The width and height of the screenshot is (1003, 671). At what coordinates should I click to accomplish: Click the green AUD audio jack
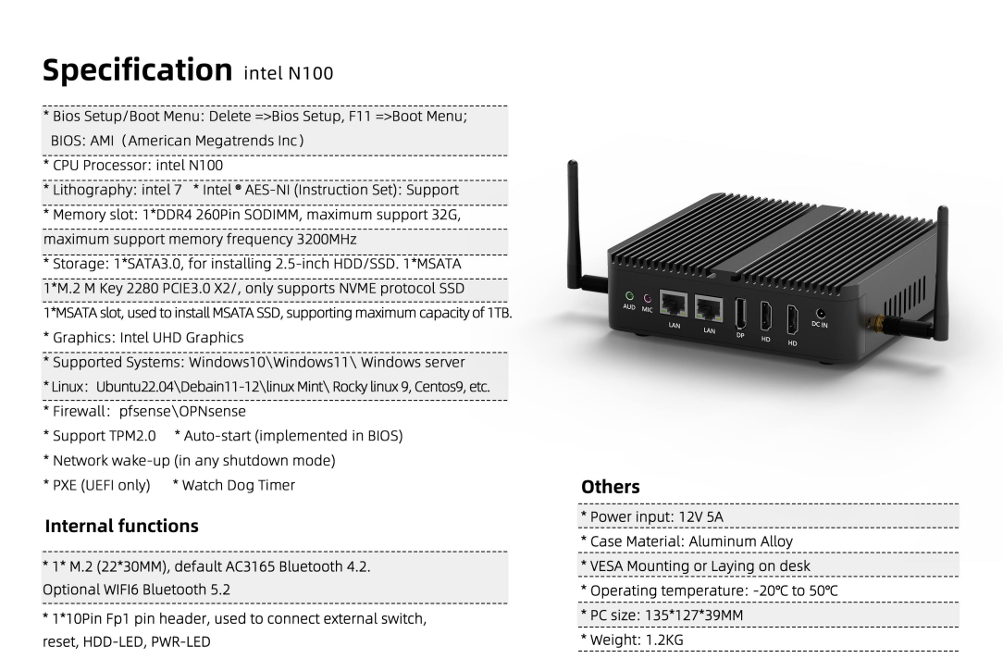pos(629,296)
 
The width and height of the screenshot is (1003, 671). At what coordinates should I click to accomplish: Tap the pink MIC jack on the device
pos(648,299)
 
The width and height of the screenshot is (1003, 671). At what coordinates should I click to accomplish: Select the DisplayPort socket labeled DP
pos(740,314)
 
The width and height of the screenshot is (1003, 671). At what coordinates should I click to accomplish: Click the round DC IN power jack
pos(821,314)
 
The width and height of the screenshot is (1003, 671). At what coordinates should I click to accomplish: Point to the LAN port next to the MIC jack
pos(674,304)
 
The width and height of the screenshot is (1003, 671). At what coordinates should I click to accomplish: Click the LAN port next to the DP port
pos(708,307)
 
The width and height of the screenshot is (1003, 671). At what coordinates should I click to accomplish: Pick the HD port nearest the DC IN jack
pos(792,320)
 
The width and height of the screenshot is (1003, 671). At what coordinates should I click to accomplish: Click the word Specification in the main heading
pos(138,70)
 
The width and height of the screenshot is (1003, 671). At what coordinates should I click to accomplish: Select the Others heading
pos(611,487)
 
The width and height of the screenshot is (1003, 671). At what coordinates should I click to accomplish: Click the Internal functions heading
pos(121,526)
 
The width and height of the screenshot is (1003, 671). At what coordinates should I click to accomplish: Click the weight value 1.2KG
pos(664,640)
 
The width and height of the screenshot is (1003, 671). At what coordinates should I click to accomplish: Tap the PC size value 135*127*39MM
pos(694,615)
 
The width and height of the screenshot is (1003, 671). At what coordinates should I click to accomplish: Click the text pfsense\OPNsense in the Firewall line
pos(182,411)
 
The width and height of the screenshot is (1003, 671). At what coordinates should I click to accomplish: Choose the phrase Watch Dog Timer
pos(239,485)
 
